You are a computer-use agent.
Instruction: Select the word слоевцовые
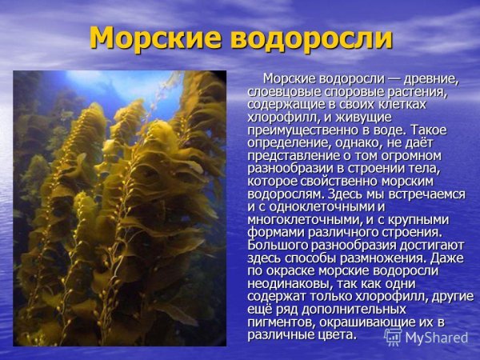click(280, 92)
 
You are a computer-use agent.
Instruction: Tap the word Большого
click(275, 246)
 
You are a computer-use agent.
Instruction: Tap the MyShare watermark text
click(437, 338)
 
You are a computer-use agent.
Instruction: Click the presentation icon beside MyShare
click(393, 337)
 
